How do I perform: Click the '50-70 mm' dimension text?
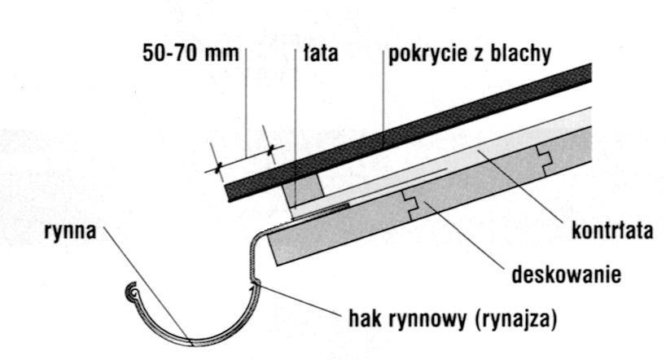(191, 54)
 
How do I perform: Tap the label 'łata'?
(321, 53)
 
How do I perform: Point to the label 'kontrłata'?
(612, 230)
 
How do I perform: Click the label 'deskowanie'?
(566, 274)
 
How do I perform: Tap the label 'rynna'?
(70, 232)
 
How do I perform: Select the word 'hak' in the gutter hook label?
(364, 318)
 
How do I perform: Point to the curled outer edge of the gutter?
(133, 292)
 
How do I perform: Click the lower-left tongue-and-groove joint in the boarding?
(410, 205)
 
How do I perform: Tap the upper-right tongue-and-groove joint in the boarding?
(543, 160)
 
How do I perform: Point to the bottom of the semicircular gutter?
(193, 343)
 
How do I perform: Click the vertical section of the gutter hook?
(251, 261)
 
